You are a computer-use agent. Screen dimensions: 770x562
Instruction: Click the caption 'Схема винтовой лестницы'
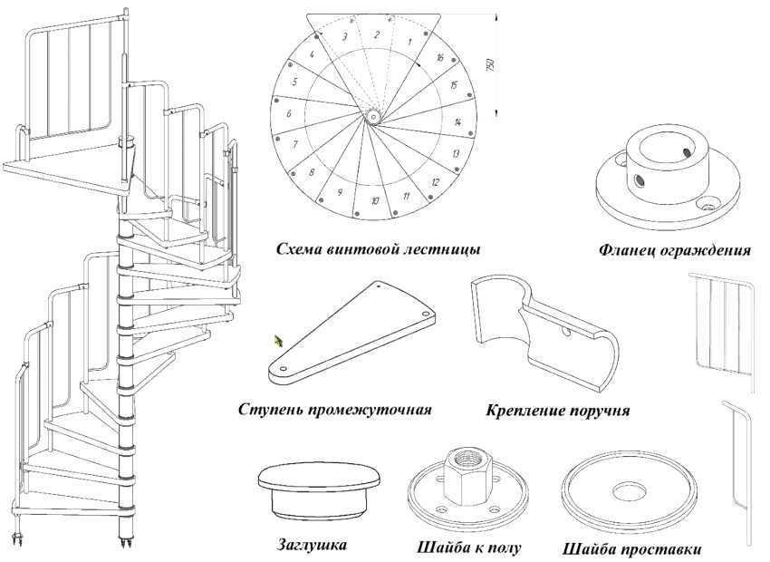pos(378,249)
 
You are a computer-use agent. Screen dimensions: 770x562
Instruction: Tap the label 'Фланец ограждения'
pos(675,250)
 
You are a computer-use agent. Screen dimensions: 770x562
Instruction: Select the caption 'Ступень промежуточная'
pos(335,410)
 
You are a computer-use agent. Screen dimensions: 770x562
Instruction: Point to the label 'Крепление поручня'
pos(558,410)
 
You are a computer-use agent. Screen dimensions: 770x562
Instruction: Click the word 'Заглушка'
pos(313,545)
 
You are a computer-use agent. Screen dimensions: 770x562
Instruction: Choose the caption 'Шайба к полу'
pos(469,547)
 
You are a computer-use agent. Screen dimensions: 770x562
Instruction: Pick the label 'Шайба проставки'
pos(632,548)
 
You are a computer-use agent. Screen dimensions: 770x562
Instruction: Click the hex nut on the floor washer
pos(467,473)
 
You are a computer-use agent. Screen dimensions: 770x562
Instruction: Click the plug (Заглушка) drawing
pos(320,489)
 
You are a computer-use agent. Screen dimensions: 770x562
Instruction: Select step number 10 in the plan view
pos(375,200)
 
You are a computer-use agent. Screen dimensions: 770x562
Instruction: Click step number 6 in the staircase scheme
pos(289,114)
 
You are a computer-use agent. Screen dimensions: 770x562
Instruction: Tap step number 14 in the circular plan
pos(457,121)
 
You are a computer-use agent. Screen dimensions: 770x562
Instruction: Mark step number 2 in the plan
pos(377,34)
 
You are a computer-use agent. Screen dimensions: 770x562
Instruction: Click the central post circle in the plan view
pos(374,117)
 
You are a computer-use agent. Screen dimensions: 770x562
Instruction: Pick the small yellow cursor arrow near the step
pos(278,341)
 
